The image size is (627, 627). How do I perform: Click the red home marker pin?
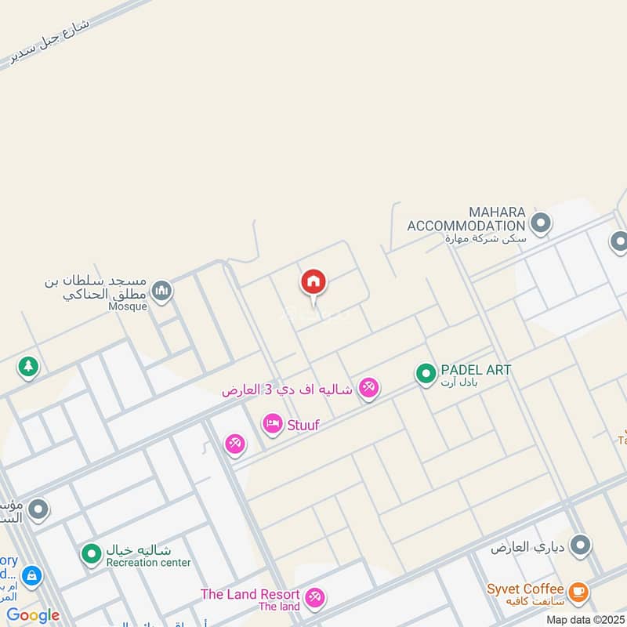[x=313, y=282]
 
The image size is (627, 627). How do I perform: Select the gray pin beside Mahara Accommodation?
[x=540, y=224]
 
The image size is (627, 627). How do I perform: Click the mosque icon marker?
[x=162, y=292]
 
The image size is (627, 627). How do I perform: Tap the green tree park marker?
[x=29, y=365]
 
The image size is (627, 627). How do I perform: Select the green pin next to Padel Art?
[x=426, y=374]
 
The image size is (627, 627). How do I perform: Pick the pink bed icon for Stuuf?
[x=273, y=424]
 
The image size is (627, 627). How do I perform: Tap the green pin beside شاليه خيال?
[x=92, y=554]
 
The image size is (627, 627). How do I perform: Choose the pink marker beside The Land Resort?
[x=315, y=598]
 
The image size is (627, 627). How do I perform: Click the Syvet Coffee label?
[x=525, y=589]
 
